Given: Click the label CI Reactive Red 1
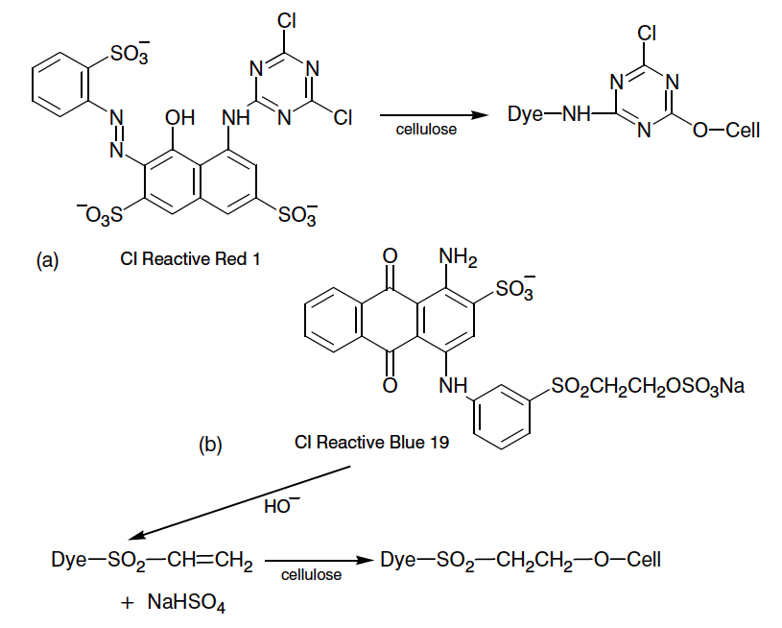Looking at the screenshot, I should (x=190, y=259).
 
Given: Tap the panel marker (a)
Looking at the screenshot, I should (x=47, y=259).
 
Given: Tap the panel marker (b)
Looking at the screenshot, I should (x=210, y=444).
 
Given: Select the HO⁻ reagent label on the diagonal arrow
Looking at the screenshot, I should (x=277, y=506).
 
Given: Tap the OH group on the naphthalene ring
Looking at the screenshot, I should (x=179, y=118).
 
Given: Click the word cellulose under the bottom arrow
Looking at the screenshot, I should (x=312, y=575).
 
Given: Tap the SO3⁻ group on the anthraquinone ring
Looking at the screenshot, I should (x=515, y=287).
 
